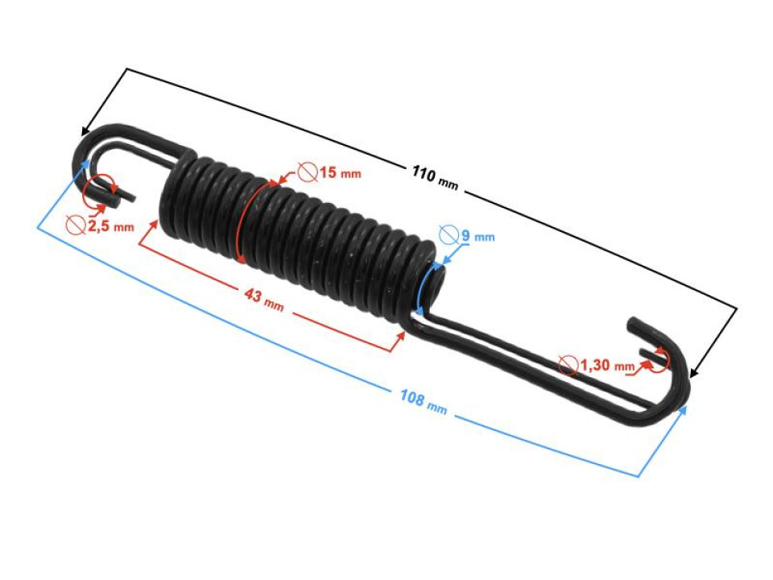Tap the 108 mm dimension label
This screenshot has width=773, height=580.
pyautogui.click(x=423, y=400)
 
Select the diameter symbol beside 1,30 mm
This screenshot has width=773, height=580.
pyautogui.click(x=568, y=366)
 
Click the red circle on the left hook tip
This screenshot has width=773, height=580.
pyautogui.click(x=99, y=190)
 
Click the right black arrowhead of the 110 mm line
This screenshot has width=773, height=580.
pyautogui.click(x=695, y=372)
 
